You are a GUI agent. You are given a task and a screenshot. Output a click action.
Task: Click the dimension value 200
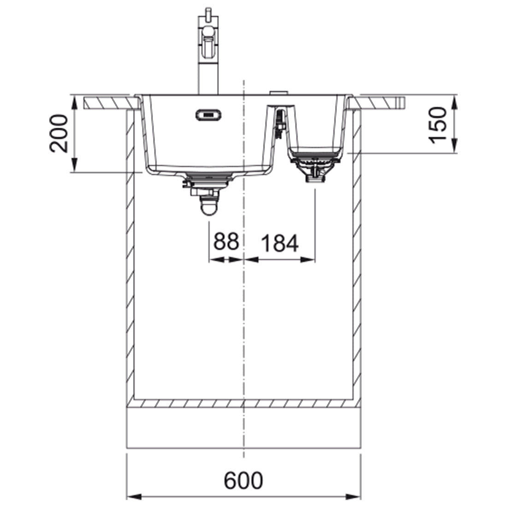click(x=59, y=133)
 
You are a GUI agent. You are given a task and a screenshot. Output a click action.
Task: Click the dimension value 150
click(x=437, y=124)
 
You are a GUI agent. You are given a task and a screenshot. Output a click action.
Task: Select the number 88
click(x=226, y=241)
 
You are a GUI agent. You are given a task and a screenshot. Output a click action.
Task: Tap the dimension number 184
click(x=279, y=243)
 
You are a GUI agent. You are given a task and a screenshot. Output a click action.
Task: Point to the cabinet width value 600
click(x=243, y=481)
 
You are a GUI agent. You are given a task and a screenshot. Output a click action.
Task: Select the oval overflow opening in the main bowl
click(x=208, y=115)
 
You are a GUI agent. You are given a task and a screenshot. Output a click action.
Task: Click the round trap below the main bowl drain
click(x=208, y=207)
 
